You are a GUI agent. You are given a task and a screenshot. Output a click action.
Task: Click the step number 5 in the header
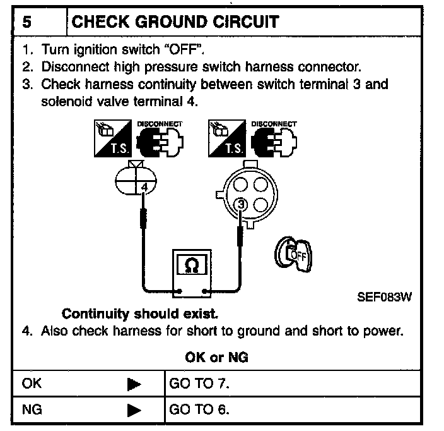click(28, 22)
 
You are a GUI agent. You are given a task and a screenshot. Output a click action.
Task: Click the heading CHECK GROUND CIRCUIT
click(175, 22)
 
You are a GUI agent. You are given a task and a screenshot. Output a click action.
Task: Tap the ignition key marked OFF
click(291, 255)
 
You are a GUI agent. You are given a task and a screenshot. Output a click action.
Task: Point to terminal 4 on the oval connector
click(144, 187)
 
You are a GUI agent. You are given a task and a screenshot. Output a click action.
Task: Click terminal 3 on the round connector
click(240, 203)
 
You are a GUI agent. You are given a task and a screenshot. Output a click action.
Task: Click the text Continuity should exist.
click(141, 313)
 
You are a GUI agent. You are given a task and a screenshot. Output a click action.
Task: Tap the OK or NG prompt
click(216, 357)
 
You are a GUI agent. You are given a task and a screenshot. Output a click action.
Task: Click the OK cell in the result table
click(32, 384)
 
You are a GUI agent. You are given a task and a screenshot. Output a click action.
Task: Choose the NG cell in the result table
click(32, 410)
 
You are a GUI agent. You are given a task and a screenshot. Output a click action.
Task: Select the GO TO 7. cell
click(199, 384)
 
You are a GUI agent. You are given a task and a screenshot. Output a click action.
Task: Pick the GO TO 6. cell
click(199, 410)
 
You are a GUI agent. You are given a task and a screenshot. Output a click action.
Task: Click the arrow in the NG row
click(134, 410)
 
